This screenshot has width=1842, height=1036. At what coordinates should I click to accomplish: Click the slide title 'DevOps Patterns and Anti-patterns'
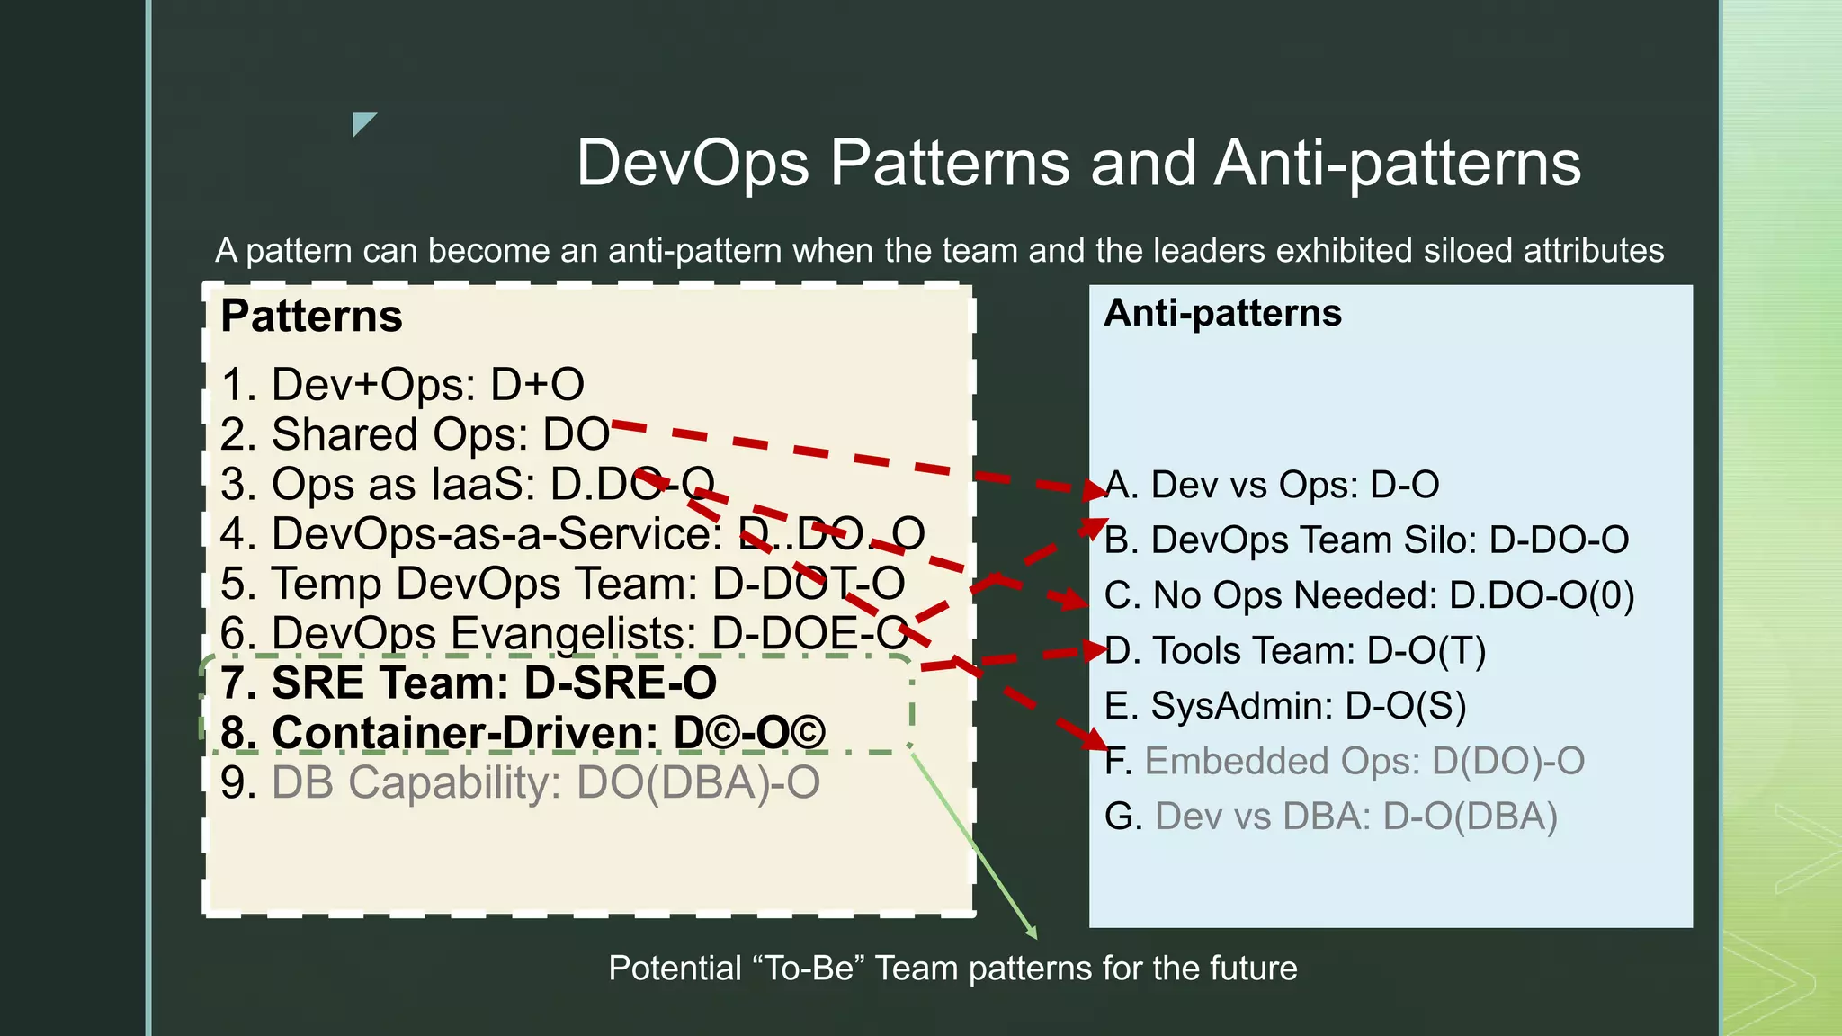pyautogui.click(x=1077, y=163)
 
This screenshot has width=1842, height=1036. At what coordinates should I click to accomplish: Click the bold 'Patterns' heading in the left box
pyautogui.click(x=311, y=317)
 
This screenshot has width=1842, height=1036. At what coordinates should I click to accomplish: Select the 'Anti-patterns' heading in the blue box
pyautogui.click(x=1222, y=313)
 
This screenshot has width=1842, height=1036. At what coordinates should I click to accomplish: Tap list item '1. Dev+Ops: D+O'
pyautogui.click(x=402, y=385)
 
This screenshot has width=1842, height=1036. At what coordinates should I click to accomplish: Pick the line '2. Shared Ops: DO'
pyautogui.click(x=415, y=434)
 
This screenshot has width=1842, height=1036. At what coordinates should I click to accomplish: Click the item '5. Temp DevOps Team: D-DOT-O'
pyautogui.click(x=562, y=584)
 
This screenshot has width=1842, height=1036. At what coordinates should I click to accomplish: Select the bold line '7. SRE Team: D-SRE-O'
pyautogui.click(x=468, y=683)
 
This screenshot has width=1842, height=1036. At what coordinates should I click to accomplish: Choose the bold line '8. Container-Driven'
pyautogui.click(x=522, y=732)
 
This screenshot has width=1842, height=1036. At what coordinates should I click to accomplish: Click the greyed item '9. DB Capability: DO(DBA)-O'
pyautogui.click(x=520, y=782)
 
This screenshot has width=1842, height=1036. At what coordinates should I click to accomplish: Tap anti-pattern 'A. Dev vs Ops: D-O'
pyautogui.click(x=1271, y=485)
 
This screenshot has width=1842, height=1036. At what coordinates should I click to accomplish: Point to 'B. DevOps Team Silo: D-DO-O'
pyautogui.click(x=1366, y=540)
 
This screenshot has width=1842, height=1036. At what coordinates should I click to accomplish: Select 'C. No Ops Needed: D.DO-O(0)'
pyautogui.click(x=1369, y=595)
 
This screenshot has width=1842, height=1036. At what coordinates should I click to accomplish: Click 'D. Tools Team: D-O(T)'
pyautogui.click(x=1295, y=650)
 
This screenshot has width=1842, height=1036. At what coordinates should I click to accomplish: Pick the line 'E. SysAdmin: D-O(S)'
pyautogui.click(x=1285, y=706)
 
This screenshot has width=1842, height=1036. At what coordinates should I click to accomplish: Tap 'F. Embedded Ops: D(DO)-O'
pyautogui.click(x=1345, y=761)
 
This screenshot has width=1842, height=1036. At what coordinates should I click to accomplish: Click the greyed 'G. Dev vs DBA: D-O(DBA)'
pyautogui.click(x=1330, y=817)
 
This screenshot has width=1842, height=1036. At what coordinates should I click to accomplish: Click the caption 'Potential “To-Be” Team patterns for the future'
pyautogui.click(x=952, y=969)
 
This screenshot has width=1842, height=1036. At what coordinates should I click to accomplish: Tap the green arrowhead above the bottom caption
pyautogui.click(x=1032, y=933)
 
